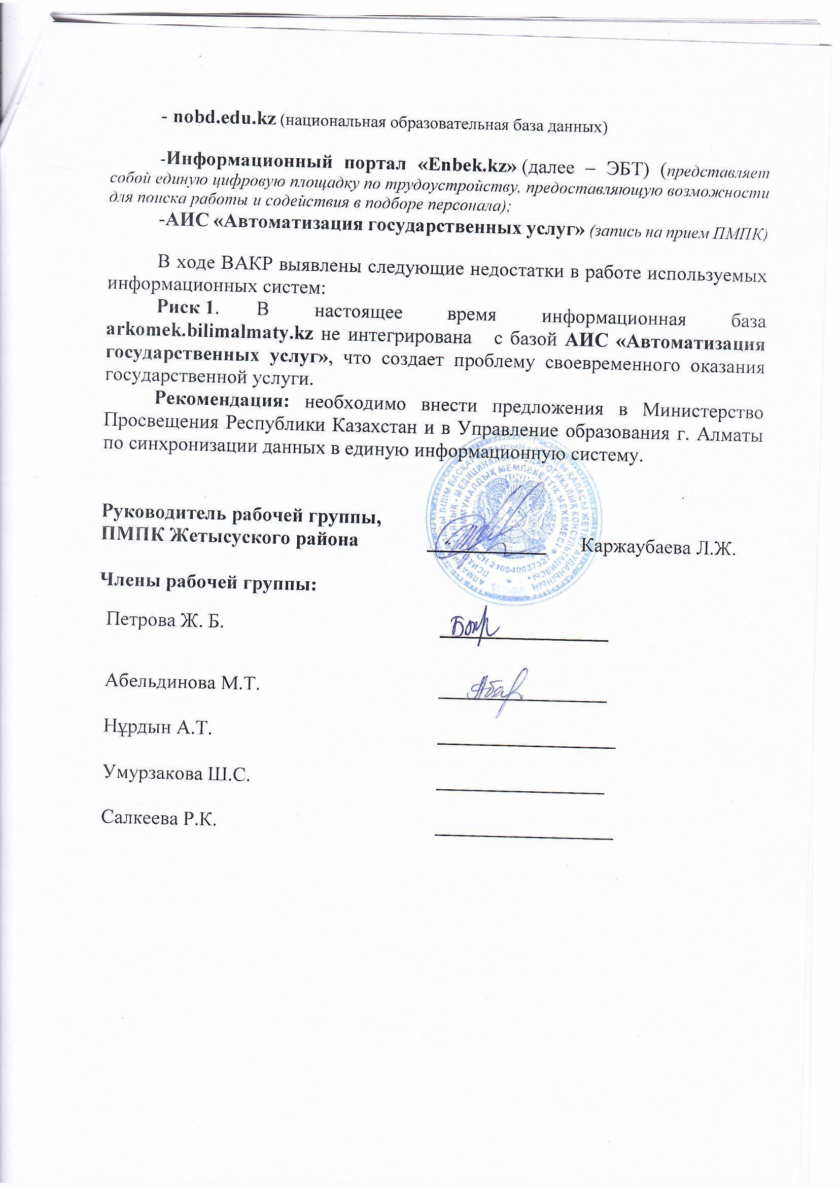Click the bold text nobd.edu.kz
coord(224,118)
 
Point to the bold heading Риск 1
coord(185,307)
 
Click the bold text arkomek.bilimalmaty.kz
coord(209,332)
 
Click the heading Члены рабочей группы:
coord(208,583)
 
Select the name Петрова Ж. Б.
coord(165,620)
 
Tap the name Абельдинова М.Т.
coord(182,683)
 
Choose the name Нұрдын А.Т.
coord(158,728)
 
